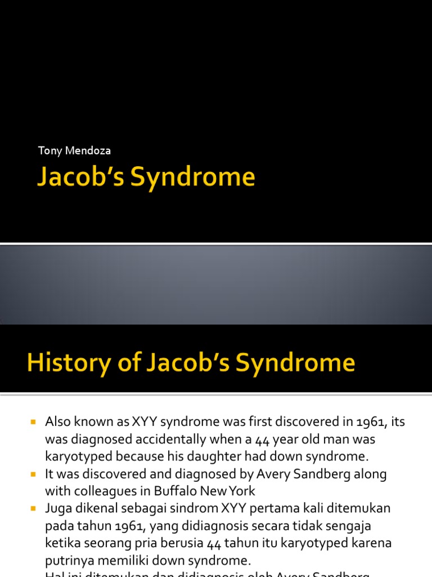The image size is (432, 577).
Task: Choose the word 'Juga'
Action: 59,508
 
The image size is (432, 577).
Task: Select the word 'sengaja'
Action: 370,526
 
